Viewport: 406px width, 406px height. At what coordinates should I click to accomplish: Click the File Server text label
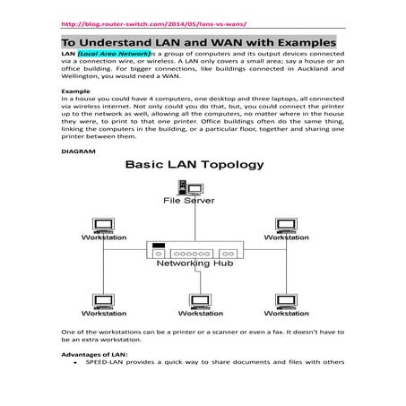point(188,201)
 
